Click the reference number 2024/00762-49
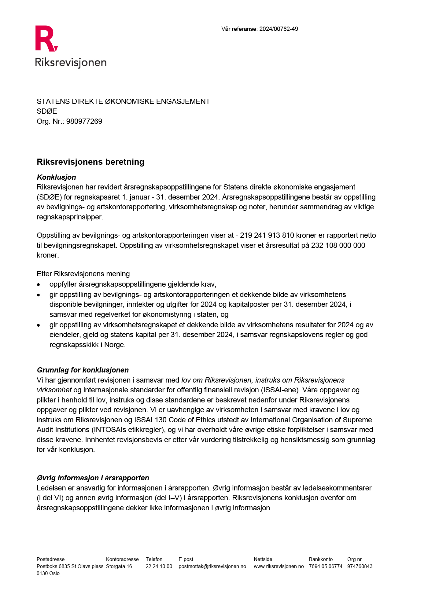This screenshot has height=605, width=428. pyautogui.click(x=279, y=29)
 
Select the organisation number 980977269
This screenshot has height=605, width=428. pyautogui.click(x=84, y=121)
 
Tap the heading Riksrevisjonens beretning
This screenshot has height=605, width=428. pyautogui.click(x=90, y=162)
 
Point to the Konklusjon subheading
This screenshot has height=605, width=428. pyautogui.click(x=56, y=177)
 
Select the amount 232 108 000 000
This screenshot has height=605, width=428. pyautogui.click(x=338, y=245)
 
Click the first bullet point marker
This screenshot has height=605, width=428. pyautogui.click(x=39, y=285)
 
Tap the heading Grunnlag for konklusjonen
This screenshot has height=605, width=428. pyautogui.click(x=83, y=370)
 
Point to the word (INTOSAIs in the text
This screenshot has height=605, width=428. pyautogui.click(x=109, y=430)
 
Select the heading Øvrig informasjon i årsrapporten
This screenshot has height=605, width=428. pyautogui.click(x=93, y=478)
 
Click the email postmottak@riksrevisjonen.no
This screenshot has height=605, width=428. pyautogui.click(x=212, y=566)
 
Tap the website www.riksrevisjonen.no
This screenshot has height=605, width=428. pyautogui.click(x=279, y=566)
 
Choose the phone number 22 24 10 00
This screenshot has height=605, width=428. pyautogui.click(x=159, y=566)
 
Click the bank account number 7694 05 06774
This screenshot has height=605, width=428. pyautogui.click(x=325, y=566)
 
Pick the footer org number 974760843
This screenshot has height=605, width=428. pyautogui.click(x=360, y=566)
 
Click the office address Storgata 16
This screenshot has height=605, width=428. pyautogui.click(x=119, y=566)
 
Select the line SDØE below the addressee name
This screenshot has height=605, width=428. pyautogui.click(x=47, y=111)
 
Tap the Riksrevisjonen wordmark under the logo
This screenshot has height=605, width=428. pyautogui.click(x=71, y=62)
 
